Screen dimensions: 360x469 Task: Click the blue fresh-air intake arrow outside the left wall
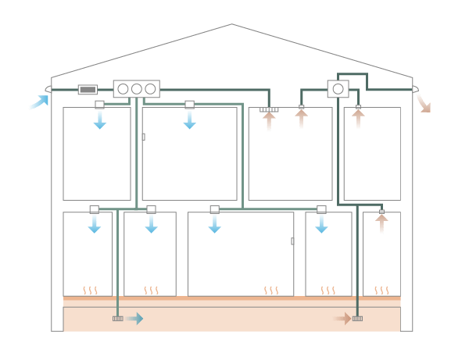pyautogui.click(x=38, y=102)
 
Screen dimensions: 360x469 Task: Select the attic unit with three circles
pyautogui.click(x=137, y=89)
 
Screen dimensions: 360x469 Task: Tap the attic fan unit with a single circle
pyautogui.click(x=338, y=89)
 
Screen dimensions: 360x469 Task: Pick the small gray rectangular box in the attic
pyautogui.click(x=88, y=89)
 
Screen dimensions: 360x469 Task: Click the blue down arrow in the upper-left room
pyautogui.click(x=100, y=118)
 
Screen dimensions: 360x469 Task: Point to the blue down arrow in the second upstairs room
pyautogui.click(x=189, y=118)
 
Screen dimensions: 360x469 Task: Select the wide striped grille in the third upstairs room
pyautogui.click(x=269, y=110)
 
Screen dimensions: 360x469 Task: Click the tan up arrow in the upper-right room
pyautogui.click(x=358, y=118)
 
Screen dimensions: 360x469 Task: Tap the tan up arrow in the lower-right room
pyautogui.click(x=381, y=223)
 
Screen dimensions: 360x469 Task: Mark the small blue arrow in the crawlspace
pyautogui.click(x=134, y=318)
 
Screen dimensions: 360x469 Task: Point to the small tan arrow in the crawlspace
pyautogui.click(x=342, y=318)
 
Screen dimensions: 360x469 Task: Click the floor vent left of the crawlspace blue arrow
pyautogui.click(x=118, y=318)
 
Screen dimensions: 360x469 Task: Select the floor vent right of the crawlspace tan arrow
pyautogui.click(x=357, y=318)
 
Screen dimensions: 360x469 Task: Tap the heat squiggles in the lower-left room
pyautogui.click(x=91, y=290)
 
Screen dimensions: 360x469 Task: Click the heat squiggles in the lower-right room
pyautogui.click(x=381, y=290)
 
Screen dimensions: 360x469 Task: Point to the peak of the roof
pyautogui.click(x=231, y=24)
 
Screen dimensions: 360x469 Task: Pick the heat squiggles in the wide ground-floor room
pyautogui.click(x=271, y=290)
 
